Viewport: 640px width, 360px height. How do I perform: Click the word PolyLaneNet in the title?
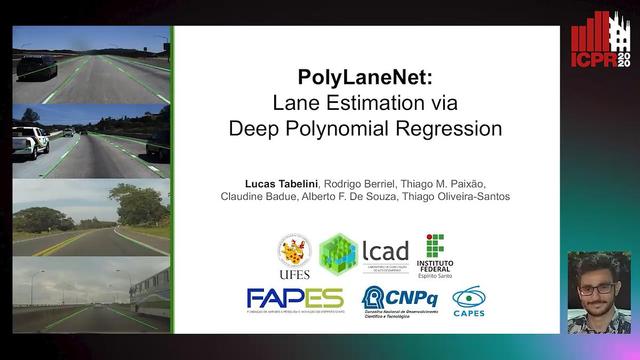tap(366, 78)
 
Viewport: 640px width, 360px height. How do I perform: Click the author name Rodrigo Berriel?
tap(358, 183)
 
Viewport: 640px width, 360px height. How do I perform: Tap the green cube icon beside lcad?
tap(338, 253)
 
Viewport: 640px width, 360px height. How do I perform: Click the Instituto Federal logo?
tap(434, 253)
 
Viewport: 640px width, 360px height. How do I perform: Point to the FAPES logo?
tap(295, 298)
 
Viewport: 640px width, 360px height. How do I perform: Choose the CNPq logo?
tap(399, 298)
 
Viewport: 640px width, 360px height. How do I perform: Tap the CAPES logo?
tap(468, 299)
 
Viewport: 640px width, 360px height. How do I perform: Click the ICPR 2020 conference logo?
tap(601, 40)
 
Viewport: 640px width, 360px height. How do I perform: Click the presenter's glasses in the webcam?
tap(598, 289)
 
